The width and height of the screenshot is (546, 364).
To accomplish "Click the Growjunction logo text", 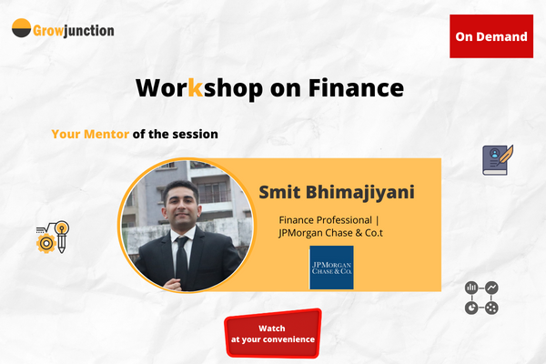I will pos(75,30).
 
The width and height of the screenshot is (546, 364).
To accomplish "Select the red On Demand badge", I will pos(490,36).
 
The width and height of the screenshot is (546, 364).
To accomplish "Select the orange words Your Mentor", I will pos(90,134).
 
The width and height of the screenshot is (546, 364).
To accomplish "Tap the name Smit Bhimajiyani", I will pos(336,192).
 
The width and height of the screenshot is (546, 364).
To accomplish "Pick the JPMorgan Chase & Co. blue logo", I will pos(331,267).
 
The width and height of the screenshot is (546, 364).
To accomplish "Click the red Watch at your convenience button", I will pos(273,333).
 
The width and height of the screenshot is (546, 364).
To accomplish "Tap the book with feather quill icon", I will pos(498,160).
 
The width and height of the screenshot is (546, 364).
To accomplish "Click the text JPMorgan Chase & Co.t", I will pos(334,234).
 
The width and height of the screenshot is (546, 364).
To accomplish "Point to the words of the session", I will pos(175,134).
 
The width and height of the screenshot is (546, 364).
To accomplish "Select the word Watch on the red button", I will pos(272,327).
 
